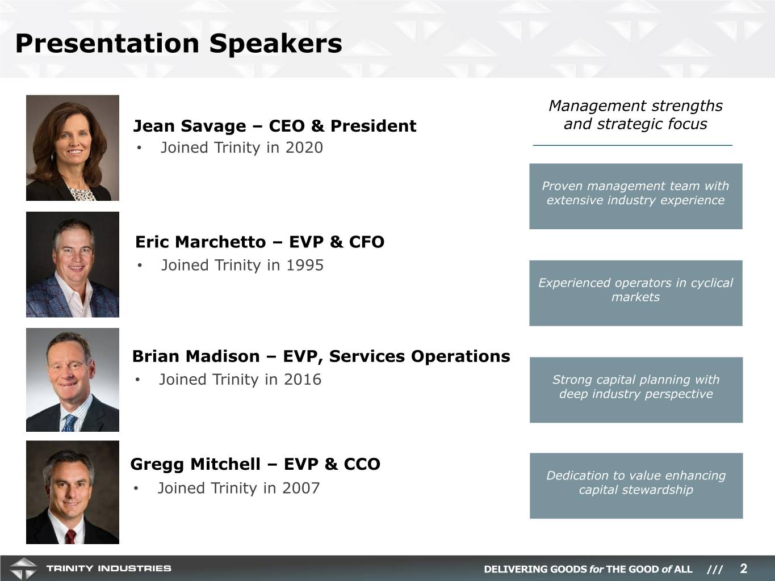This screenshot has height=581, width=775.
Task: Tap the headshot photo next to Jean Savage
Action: pyautogui.click(x=72, y=148)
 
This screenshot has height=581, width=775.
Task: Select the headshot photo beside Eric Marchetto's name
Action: pyautogui.click(x=72, y=264)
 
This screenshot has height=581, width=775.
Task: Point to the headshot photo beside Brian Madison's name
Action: pyautogui.click(x=72, y=380)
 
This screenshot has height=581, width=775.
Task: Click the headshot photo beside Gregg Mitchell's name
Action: pyautogui.click(x=72, y=492)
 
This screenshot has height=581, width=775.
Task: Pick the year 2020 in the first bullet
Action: pyautogui.click(x=304, y=148)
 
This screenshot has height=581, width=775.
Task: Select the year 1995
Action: pyautogui.click(x=305, y=266)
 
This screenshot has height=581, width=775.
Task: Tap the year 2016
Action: pyautogui.click(x=303, y=380)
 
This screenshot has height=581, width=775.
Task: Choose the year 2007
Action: pyautogui.click(x=301, y=488)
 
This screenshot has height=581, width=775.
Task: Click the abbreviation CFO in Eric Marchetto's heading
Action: pyautogui.click(x=366, y=242)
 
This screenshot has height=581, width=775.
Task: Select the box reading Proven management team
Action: pyautogui.click(x=635, y=196)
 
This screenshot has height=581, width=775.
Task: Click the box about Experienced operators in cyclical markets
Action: pyautogui.click(x=635, y=293)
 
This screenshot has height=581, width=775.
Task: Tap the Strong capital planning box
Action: pyautogui.click(x=636, y=390)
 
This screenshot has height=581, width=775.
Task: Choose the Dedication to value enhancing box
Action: pyautogui.click(x=636, y=486)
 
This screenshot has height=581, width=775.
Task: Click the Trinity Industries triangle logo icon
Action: pyautogui.click(x=23, y=569)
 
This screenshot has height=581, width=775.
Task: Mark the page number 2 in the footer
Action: pyautogui.click(x=744, y=569)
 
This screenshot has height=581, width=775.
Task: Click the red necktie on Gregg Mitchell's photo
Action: pyautogui.click(x=70, y=536)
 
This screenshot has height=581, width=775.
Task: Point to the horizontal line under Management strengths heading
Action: pyautogui.click(x=632, y=145)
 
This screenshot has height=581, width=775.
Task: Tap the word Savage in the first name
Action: pyautogui.click(x=213, y=127)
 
